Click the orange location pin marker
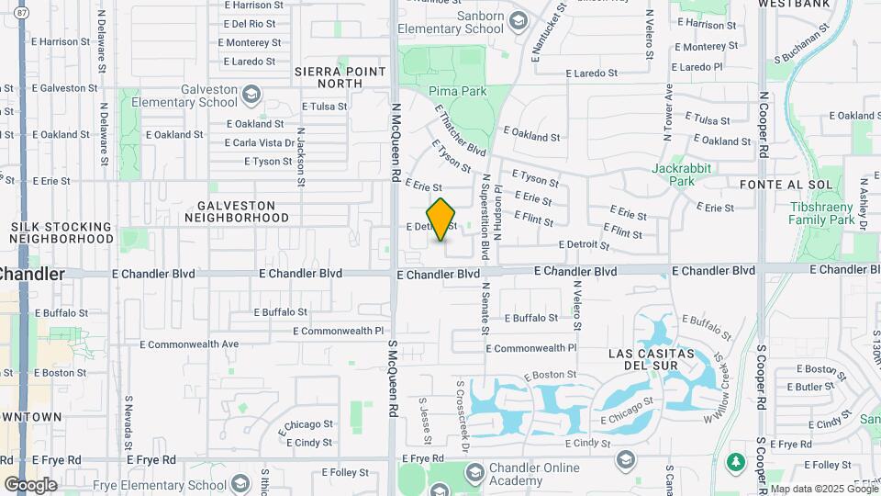pyautogui.click(x=441, y=220)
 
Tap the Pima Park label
pyautogui.click(x=457, y=92)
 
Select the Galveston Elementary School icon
pyautogui.click(x=251, y=94)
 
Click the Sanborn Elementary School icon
pyautogui.click(x=519, y=20)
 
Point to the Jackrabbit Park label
pyautogui.click(x=686, y=175)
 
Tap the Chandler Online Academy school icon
pyautogui.click(x=474, y=474)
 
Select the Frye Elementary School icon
pyautogui.click(x=240, y=484)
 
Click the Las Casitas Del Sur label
pyautogui.click(x=655, y=359)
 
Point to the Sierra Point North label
pyautogui.click(x=329, y=76)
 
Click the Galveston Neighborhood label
pyautogui.click(x=236, y=211)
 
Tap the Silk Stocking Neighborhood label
pyautogui.click(x=61, y=232)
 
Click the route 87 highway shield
pyautogui.click(x=21, y=11)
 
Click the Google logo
pyautogui.click(x=29, y=484)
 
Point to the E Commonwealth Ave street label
pyautogui.click(x=189, y=344)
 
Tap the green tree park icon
pyautogui.click(x=734, y=460)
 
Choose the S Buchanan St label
pyautogui.click(x=797, y=49)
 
